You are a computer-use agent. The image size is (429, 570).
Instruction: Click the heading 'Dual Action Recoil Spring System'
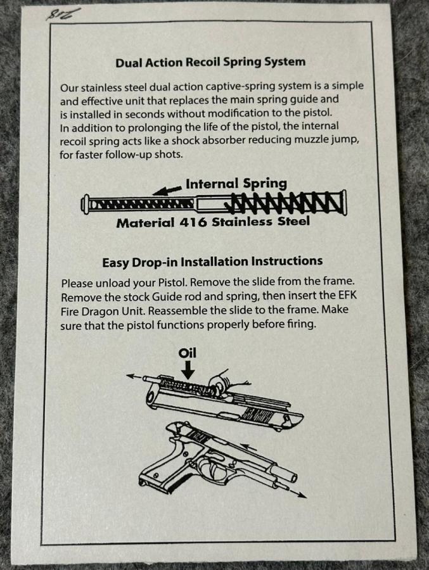point(210,62)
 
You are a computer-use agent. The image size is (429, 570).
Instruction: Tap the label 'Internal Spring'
point(236,184)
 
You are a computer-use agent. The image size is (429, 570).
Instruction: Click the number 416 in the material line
point(193,222)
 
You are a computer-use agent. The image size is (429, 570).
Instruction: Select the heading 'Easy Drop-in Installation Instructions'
point(212,262)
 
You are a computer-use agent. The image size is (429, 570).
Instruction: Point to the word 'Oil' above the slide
point(188,353)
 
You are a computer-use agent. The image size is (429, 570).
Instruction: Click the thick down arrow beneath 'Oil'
point(188,370)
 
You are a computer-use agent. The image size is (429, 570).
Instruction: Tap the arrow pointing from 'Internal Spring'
point(167,190)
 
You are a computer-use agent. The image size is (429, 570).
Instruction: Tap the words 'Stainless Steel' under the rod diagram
point(260,222)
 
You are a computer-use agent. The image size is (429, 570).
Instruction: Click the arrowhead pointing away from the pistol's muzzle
point(302,495)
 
